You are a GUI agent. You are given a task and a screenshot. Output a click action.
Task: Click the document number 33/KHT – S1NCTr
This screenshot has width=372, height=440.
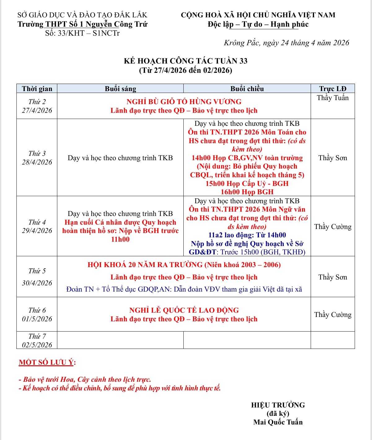click(x=82, y=33)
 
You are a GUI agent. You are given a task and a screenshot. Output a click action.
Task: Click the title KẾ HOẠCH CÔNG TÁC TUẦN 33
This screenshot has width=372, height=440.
click(x=186, y=61)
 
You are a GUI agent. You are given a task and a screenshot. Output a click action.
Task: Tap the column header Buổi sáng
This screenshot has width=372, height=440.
click(x=120, y=89)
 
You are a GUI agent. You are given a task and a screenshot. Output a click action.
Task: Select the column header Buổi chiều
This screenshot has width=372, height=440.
click(x=247, y=89)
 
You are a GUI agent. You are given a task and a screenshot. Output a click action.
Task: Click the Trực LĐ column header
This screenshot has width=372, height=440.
click(x=333, y=89)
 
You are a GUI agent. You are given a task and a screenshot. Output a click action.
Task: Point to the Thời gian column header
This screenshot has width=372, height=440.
click(x=37, y=89)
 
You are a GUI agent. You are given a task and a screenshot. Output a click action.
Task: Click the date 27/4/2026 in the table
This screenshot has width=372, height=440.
click(x=37, y=110)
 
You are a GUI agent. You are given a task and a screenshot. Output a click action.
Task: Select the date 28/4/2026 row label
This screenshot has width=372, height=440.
click(x=37, y=162)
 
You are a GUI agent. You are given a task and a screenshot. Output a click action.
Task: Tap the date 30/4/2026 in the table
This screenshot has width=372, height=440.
click(x=37, y=283)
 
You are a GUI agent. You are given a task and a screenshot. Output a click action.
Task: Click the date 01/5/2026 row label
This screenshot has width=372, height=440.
click(x=37, y=319)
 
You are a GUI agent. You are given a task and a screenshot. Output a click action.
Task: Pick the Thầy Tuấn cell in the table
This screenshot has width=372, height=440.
click(x=333, y=98)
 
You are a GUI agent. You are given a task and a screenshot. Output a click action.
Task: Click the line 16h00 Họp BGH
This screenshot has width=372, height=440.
click(x=247, y=192)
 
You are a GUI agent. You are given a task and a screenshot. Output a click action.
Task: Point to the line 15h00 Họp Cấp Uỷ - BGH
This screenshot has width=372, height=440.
click(x=247, y=183)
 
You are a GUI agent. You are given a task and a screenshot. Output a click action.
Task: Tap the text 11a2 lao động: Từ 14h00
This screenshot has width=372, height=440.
click(x=247, y=235)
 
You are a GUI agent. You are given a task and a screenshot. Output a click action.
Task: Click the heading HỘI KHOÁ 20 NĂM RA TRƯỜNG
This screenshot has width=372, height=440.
click(x=184, y=265)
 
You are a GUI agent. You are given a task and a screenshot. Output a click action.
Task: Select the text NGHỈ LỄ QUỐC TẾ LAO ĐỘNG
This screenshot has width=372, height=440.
click(x=184, y=310)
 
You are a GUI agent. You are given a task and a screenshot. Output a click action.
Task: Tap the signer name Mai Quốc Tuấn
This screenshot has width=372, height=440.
click(x=278, y=422)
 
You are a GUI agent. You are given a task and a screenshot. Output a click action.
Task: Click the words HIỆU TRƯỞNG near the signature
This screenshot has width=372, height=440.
click(x=278, y=405)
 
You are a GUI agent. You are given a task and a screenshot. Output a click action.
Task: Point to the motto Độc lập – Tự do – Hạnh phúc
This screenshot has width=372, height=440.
click(x=258, y=24)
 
